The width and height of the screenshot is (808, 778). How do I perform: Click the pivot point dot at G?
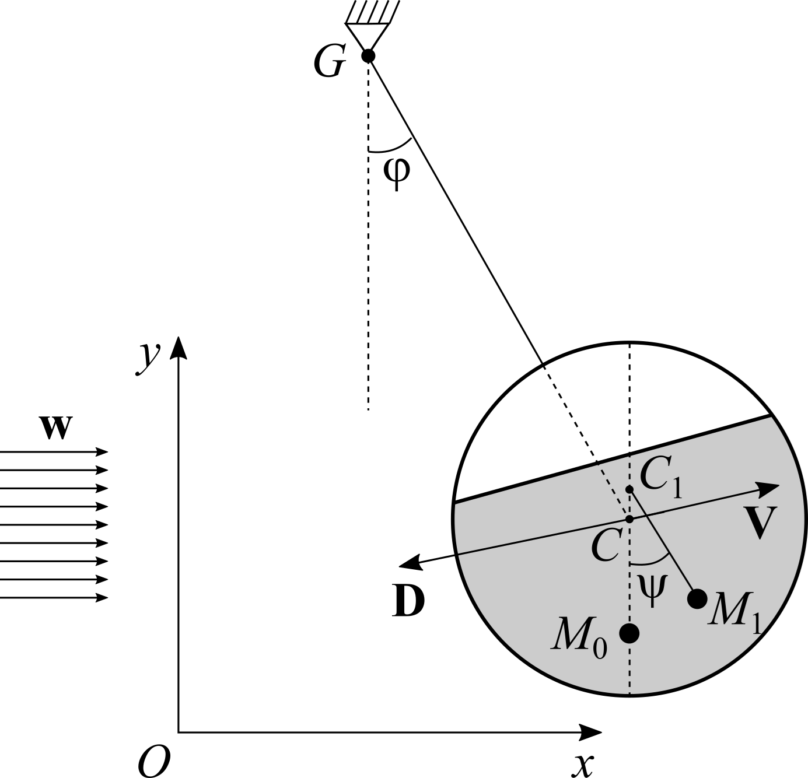point(368,55)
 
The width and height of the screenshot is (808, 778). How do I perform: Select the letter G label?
point(330,62)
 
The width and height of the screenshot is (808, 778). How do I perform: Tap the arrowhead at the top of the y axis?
point(179,348)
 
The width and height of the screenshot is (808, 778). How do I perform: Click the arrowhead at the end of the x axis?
point(590,733)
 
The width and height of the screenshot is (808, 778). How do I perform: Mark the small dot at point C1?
point(629,489)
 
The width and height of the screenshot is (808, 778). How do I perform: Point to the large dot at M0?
point(629,633)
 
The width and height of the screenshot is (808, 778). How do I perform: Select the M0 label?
point(579,639)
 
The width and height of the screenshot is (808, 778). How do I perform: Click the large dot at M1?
point(697,598)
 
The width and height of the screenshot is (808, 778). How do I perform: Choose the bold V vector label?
point(760,522)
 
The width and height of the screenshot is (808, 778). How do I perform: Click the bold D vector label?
point(408,600)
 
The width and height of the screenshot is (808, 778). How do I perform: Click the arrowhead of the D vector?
point(411,564)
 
